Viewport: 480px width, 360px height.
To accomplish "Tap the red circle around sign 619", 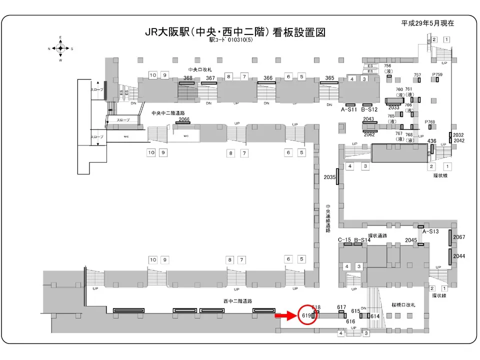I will point(308,315).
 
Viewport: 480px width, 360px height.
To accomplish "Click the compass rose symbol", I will point(60,48).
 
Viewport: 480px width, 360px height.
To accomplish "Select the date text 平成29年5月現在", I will point(427,23).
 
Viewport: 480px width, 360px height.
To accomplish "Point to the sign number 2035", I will point(329,177).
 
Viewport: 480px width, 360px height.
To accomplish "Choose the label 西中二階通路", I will point(237,301).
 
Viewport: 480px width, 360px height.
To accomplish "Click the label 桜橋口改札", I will point(403,304).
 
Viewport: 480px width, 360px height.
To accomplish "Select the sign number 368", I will point(188,78).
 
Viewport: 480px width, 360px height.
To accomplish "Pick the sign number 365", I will point(329,78).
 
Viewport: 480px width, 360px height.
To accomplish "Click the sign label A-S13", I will point(430,231).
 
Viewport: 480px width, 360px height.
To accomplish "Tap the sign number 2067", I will point(459,237).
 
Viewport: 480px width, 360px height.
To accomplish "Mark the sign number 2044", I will point(459,256).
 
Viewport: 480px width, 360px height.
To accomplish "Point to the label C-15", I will point(344,240).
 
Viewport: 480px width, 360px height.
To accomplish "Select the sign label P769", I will point(430,122).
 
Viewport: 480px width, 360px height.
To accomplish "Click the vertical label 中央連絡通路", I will point(328,219).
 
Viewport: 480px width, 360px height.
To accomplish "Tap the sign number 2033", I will point(394,107).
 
